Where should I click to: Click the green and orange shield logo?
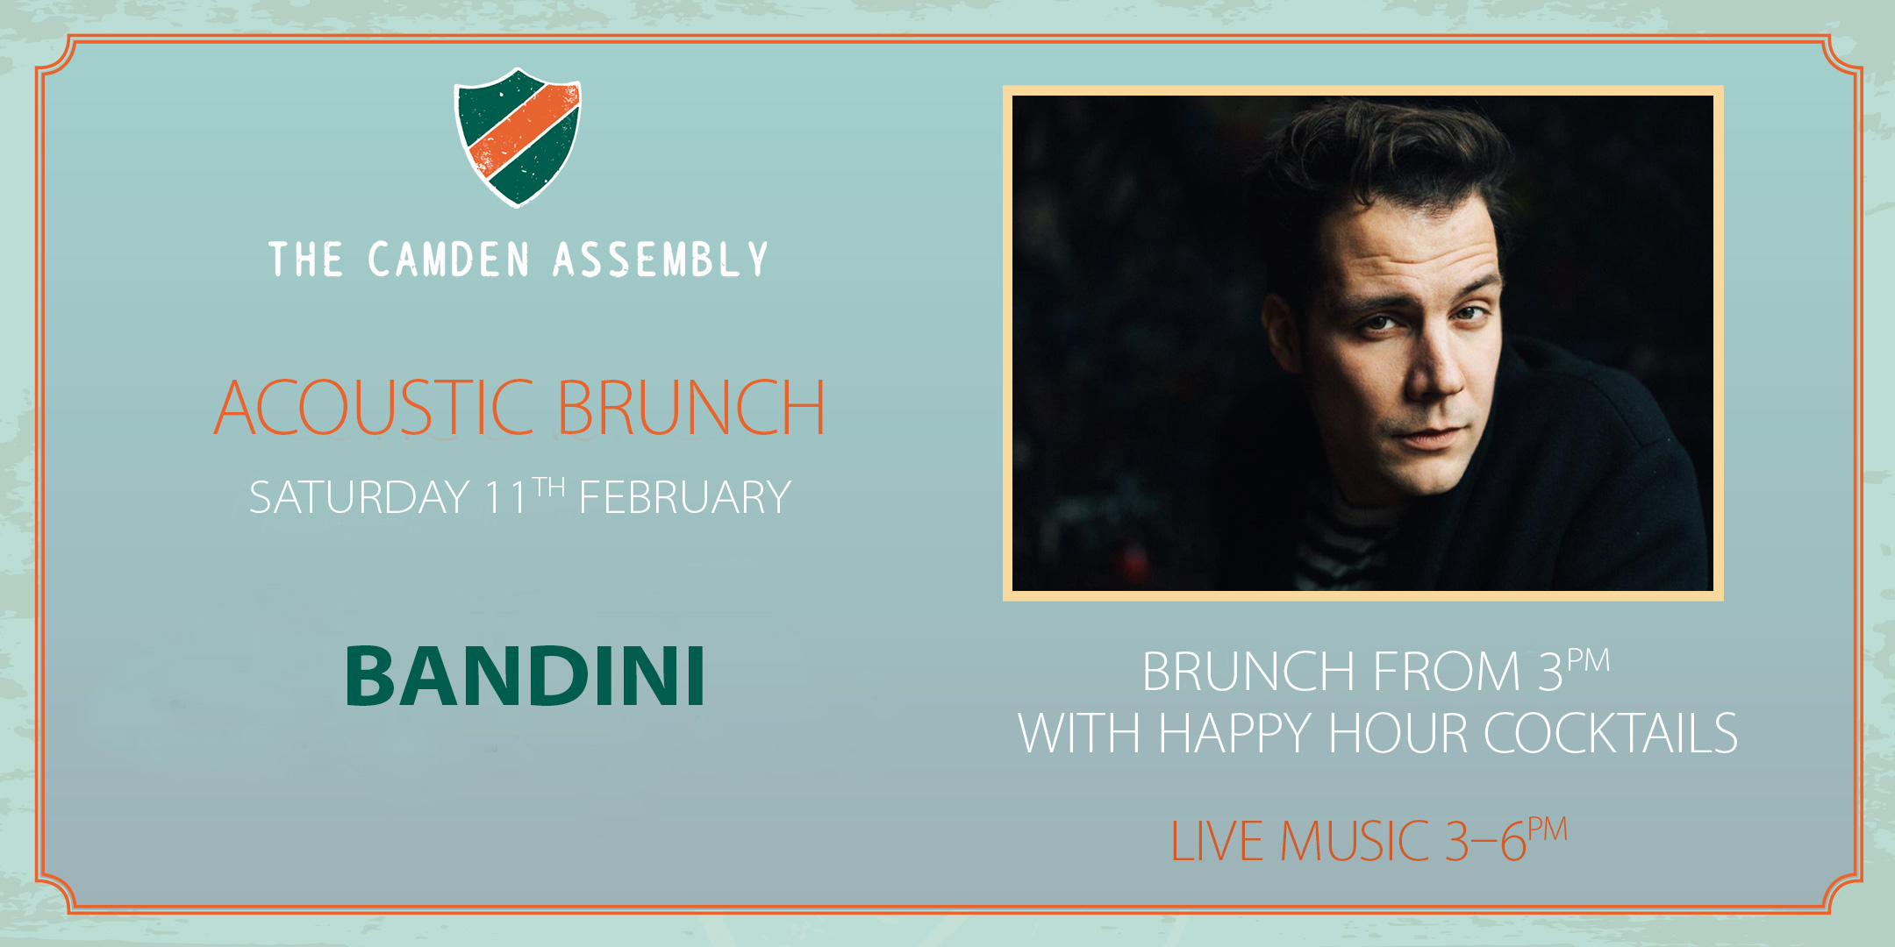click(x=518, y=138)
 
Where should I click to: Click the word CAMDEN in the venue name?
click(x=448, y=260)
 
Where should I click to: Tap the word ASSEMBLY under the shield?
click(x=661, y=260)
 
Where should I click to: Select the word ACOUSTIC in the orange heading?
click(x=375, y=408)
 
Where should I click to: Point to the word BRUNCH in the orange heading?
click(x=691, y=408)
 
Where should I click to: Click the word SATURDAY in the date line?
click(x=360, y=498)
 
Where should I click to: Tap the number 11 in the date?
click(x=506, y=498)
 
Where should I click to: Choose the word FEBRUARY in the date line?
click(x=685, y=498)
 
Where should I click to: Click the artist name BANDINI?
click(x=526, y=675)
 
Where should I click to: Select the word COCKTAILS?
click(x=1611, y=733)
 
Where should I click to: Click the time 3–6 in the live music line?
click(x=1485, y=841)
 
